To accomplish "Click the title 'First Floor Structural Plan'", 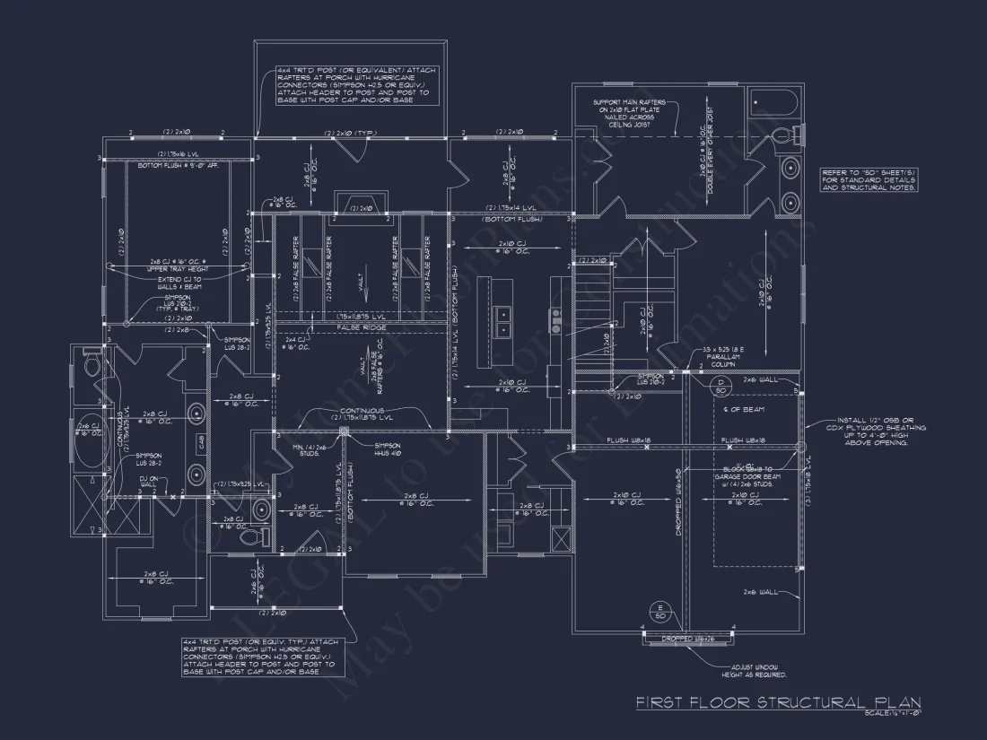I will pyautogui.click(x=778, y=702).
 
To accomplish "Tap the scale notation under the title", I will pyautogui.click(x=893, y=714).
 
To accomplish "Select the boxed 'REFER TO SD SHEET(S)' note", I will pyautogui.click(x=869, y=180).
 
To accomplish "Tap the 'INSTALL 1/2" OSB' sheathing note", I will pyautogui.click(x=869, y=431).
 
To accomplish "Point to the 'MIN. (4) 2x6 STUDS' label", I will pyautogui.click(x=310, y=450).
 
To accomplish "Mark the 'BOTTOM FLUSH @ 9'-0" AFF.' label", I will pyautogui.click(x=179, y=166).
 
